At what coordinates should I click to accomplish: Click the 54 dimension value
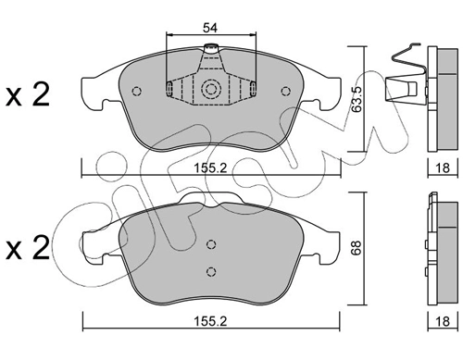pos(210,28)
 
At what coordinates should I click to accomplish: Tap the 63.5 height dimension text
pos(357,99)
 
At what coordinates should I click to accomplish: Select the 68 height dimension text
pos(357,248)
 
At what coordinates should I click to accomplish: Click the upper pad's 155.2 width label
pos(210,168)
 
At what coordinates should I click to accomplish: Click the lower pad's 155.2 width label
pos(210,321)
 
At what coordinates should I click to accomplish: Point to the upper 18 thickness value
pos(443,168)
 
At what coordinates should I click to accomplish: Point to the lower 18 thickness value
pos(443,321)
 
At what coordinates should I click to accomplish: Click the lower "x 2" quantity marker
pos(28,248)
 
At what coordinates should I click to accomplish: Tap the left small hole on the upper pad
pos(136,91)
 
